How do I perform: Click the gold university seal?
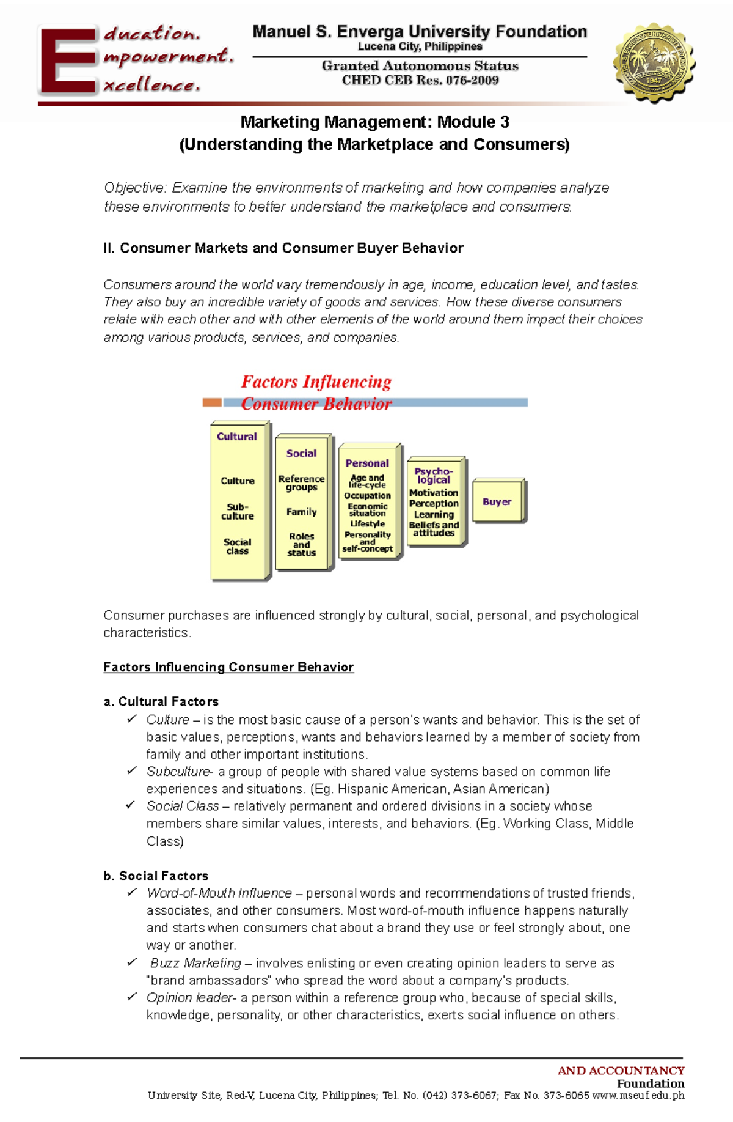[x=654, y=62]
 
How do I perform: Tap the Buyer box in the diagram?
[x=497, y=501]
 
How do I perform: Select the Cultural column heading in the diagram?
[x=237, y=437]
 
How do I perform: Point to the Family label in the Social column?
[x=302, y=512]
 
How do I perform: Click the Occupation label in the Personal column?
[x=367, y=496]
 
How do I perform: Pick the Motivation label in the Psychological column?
[x=434, y=493]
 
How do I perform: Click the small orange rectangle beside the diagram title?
[x=211, y=402]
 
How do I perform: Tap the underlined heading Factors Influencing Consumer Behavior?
[x=228, y=667]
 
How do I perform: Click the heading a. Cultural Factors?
[x=161, y=701]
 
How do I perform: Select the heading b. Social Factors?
[x=156, y=876]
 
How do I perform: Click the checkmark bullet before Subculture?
[x=131, y=771]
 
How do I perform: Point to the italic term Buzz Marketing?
[x=195, y=963]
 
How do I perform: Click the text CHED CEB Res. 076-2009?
[x=420, y=80]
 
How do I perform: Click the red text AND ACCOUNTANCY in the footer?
[x=621, y=1070]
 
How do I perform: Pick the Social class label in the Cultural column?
[x=237, y=546]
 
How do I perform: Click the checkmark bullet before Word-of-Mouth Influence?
[x=131, y=893]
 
